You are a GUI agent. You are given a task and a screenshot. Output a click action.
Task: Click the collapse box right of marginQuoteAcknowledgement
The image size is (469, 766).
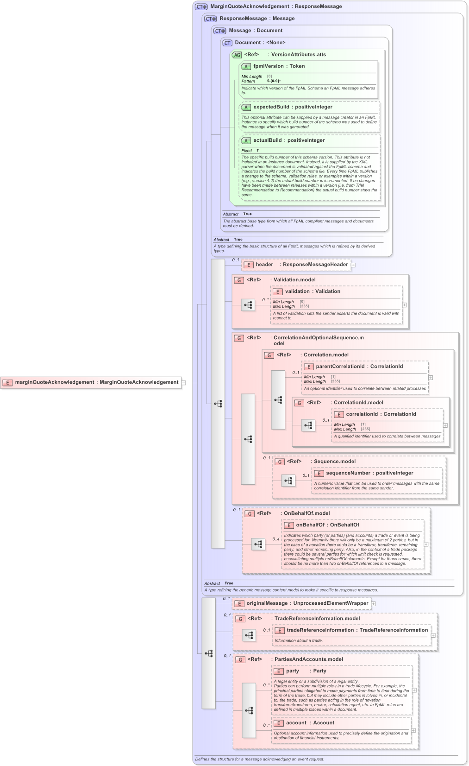184,383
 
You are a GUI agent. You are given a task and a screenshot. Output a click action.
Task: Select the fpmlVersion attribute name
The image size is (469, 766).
268,66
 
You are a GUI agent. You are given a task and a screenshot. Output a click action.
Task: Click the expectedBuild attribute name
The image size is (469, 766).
271,107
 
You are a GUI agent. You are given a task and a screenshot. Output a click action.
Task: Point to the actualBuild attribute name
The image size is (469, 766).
267,140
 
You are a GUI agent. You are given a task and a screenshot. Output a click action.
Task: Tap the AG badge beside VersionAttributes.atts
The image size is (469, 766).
237,55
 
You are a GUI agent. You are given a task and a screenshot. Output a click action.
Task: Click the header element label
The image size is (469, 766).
264,265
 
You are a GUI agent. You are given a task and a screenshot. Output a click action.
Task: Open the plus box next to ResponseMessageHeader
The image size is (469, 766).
353,265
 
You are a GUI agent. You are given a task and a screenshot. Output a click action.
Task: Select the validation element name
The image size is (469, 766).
297,291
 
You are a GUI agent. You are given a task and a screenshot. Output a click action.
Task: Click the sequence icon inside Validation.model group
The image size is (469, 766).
248,305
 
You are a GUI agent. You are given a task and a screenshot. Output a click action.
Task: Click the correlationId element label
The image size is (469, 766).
362,414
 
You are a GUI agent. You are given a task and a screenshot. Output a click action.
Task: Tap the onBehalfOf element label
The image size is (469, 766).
310,525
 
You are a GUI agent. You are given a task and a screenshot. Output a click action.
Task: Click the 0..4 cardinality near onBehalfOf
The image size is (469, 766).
275,539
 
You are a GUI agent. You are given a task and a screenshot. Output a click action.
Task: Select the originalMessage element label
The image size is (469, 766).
267,603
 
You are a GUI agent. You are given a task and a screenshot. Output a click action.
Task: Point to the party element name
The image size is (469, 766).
292,671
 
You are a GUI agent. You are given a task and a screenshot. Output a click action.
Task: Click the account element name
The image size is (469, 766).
296,723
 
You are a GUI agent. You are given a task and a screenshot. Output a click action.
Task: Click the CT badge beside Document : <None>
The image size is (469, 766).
227,43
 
